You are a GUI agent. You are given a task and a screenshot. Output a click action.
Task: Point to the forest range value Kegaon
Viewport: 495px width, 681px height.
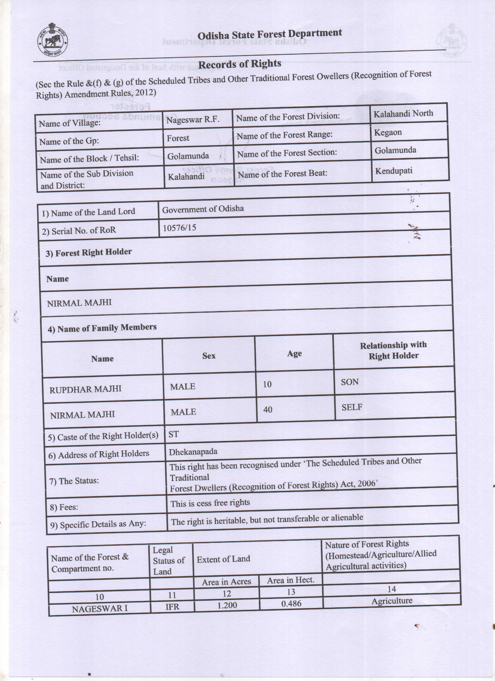(x=388, y=132)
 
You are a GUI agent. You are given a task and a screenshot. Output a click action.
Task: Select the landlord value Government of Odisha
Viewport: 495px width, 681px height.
(x=203, y=209)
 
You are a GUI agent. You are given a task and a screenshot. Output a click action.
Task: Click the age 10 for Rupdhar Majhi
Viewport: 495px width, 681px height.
(x=267, y=384)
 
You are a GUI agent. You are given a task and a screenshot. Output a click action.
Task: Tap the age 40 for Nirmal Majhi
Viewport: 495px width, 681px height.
(x=268, y=409)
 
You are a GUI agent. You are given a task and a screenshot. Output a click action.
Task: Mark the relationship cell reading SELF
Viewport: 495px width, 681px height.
(x=352, y=407)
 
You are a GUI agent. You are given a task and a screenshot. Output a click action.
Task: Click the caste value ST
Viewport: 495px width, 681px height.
(x=174, y=434)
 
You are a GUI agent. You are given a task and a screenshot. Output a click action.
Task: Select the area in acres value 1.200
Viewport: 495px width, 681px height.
(x=227, y=605)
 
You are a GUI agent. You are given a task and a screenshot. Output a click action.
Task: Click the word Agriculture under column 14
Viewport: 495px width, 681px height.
(x=392, y=601)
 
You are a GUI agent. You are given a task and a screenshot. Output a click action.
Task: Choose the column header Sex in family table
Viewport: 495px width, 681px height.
(x=209, y=356)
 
